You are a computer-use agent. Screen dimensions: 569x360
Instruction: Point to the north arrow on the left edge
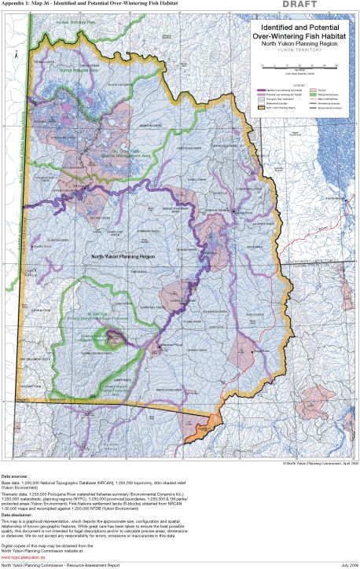click(15, 57)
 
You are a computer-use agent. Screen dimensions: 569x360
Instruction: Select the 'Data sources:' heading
click(17, 477)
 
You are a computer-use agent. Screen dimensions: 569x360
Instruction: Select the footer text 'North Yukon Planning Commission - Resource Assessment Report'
click(60, 565)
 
